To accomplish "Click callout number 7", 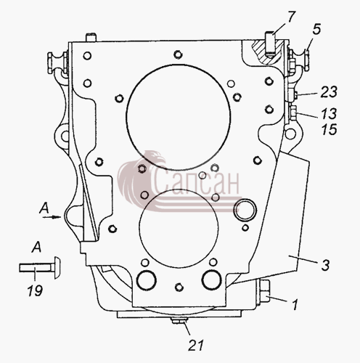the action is (x=291, y=18).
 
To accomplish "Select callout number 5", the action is (x=316, y=29).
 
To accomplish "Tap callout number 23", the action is (x=329, y=92).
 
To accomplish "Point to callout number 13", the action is (x=329, y=113).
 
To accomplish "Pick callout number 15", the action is (x=329, y=129).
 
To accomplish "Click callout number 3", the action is (x=325, y=265).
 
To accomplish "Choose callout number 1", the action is (x=295, y=305).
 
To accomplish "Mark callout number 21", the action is (x=196, y=345).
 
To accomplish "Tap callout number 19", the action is (x=35, y=290).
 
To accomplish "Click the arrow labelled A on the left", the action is (x=52, y=217).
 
